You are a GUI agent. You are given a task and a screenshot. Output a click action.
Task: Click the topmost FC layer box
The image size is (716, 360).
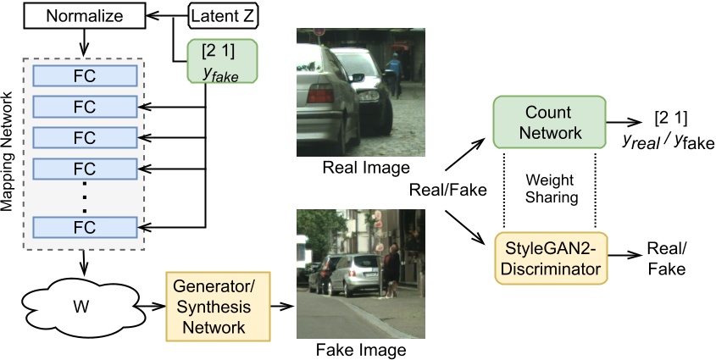point(85,75)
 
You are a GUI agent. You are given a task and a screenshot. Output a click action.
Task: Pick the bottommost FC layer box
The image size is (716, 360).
point(85,228)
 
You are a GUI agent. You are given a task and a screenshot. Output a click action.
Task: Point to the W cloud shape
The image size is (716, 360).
point(71,300)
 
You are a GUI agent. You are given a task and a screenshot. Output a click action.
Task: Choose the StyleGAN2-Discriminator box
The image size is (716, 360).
point(549,258)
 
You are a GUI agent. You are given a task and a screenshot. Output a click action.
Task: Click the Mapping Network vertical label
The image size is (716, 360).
point(10,152)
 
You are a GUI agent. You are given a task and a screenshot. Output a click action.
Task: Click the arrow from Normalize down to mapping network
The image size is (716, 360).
point(85,42)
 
